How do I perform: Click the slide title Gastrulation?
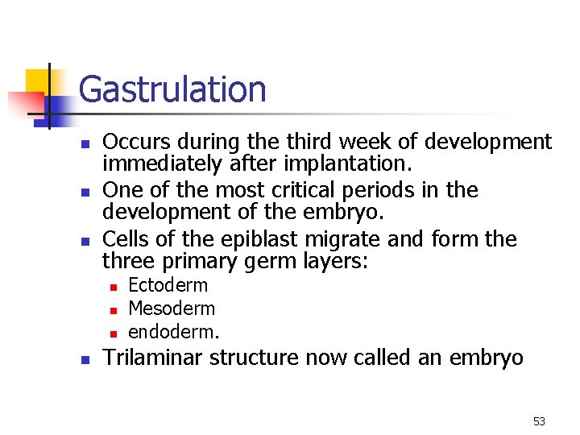[x=172, y=89]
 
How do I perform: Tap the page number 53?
[x=539, y=421]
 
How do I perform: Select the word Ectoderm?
[x=168, y=285]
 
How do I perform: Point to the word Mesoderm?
[x=172, y=309]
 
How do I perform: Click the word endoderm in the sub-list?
[x=173, y=332]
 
